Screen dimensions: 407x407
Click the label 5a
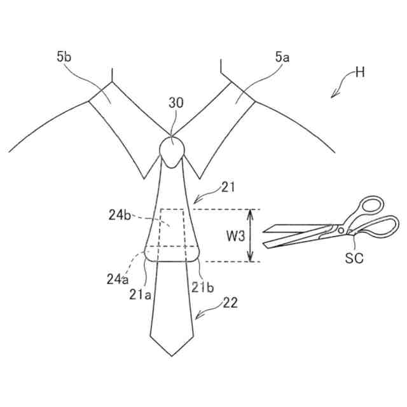click(282, 57)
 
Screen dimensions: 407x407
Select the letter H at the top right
click(360, 72)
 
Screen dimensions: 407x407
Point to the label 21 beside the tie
click(228, 187)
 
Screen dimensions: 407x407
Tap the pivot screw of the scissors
click(341, 230)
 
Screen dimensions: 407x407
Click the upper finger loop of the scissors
click(369, 207)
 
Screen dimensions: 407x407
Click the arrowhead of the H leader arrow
click(333, 97)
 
